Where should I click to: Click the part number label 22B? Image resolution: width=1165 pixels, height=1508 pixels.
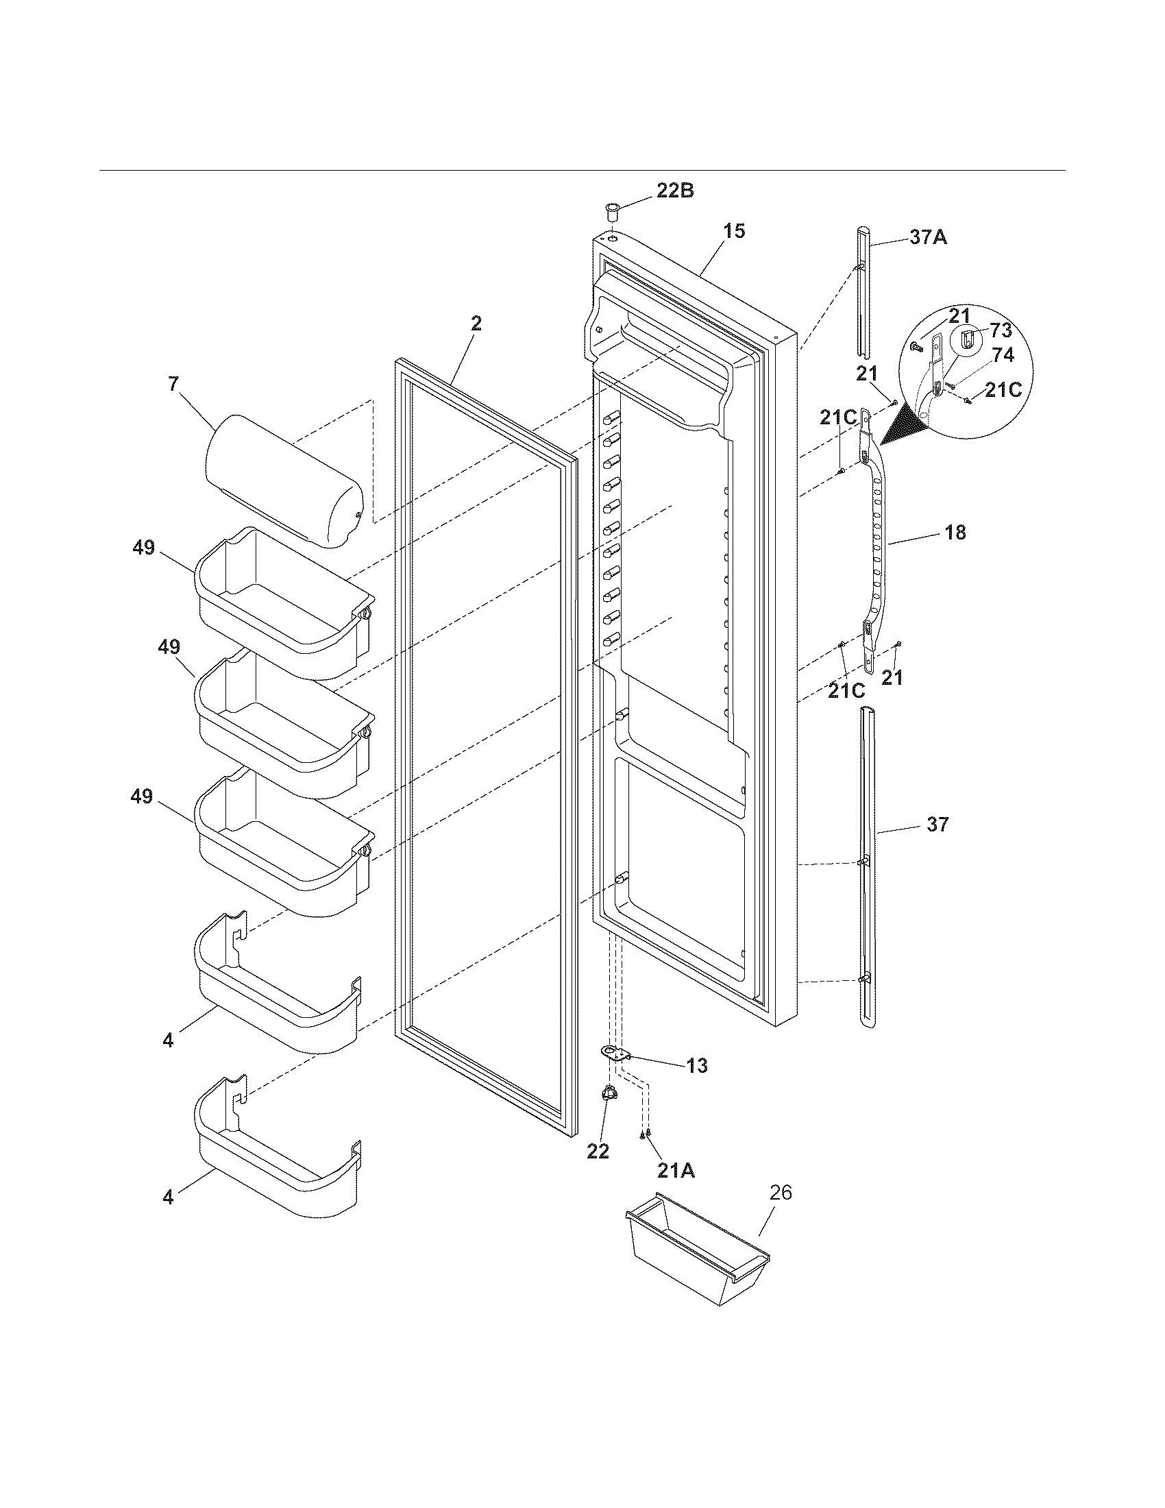pos(674,191)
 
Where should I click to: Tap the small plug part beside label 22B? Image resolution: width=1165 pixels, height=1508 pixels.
pos(611,209)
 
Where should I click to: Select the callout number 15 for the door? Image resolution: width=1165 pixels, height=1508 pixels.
pos(735,231)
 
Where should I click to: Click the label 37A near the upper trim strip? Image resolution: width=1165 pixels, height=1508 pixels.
pos(928,238)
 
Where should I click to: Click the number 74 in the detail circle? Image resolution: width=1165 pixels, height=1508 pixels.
pos(1003,356)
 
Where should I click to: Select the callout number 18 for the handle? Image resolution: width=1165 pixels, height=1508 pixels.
pos(955,533)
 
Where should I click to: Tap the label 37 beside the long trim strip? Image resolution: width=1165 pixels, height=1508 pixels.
pos(937,825)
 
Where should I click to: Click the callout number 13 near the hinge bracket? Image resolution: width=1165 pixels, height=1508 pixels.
pos(697,1066)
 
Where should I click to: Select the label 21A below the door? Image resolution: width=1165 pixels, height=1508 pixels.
pos(676,1170)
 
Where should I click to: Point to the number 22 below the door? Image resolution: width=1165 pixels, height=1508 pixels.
pos(598,1151)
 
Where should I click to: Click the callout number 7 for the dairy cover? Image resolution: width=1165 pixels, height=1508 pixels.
pos(174,385)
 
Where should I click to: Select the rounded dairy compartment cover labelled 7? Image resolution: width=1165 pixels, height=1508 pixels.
pos(283,480)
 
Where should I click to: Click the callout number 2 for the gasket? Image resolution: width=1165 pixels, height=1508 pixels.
pos(476,324)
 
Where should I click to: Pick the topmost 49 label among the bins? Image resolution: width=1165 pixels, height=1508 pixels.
pos(143,549)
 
